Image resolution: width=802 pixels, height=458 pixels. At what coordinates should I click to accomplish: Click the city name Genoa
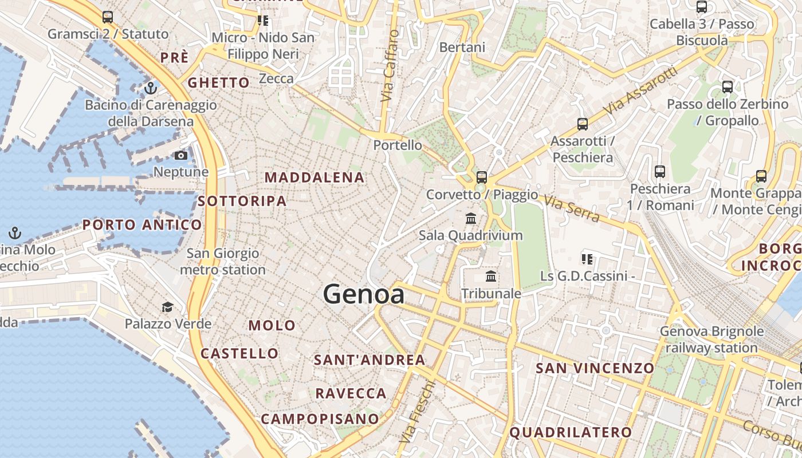coord(364,294)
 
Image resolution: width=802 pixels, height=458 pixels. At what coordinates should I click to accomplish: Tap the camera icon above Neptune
coord(181,155)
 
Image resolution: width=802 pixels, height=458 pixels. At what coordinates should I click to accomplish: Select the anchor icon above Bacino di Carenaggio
coord(151,88)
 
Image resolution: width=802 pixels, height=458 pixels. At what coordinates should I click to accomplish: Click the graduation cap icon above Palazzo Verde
coord(167,307)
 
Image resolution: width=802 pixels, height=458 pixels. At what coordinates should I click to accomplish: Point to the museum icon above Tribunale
coord(491,277)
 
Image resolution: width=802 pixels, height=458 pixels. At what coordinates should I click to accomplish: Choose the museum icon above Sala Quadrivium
coord(471,218)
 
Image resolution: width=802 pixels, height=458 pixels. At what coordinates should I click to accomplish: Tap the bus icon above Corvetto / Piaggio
coord(482,177)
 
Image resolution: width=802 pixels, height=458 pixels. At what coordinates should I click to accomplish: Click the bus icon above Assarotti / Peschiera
coord(582,124)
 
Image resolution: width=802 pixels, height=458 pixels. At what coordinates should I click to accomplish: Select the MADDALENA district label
coord(314,177)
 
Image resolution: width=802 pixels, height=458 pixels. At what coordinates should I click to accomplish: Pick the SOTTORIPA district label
coord(242,201)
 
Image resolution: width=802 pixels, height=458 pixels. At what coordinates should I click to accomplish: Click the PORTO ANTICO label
coord(142,224)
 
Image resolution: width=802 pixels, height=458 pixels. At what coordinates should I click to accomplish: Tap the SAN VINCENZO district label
coord(595,368)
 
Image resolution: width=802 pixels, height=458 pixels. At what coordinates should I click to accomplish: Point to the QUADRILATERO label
coord(571,432)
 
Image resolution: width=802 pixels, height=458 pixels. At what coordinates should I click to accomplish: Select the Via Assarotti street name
coord(640,90)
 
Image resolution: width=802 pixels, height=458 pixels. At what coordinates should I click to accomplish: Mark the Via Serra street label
coord(571,208)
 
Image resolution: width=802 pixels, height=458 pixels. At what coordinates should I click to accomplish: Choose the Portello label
coord(398,145)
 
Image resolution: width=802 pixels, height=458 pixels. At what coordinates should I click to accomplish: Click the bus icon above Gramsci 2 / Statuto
coord(108,17)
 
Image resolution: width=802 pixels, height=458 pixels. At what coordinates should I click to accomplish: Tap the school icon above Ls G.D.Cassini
coord(587,259)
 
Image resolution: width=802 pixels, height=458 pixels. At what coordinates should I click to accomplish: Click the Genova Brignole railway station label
coord(711,339)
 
